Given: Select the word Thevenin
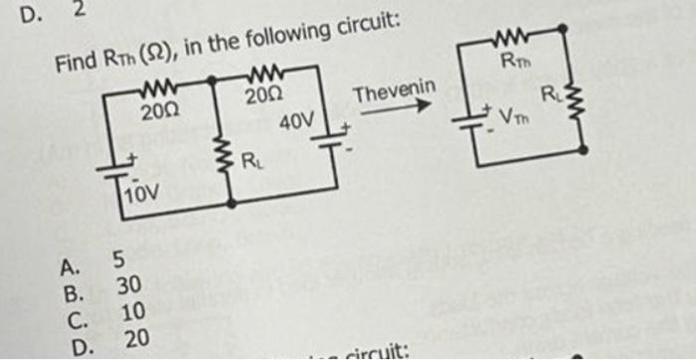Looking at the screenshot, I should click(x=395, y=94).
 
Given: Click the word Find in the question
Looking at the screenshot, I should click(x=74, y=64).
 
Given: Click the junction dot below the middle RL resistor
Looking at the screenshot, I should click(x=232, y=202).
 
